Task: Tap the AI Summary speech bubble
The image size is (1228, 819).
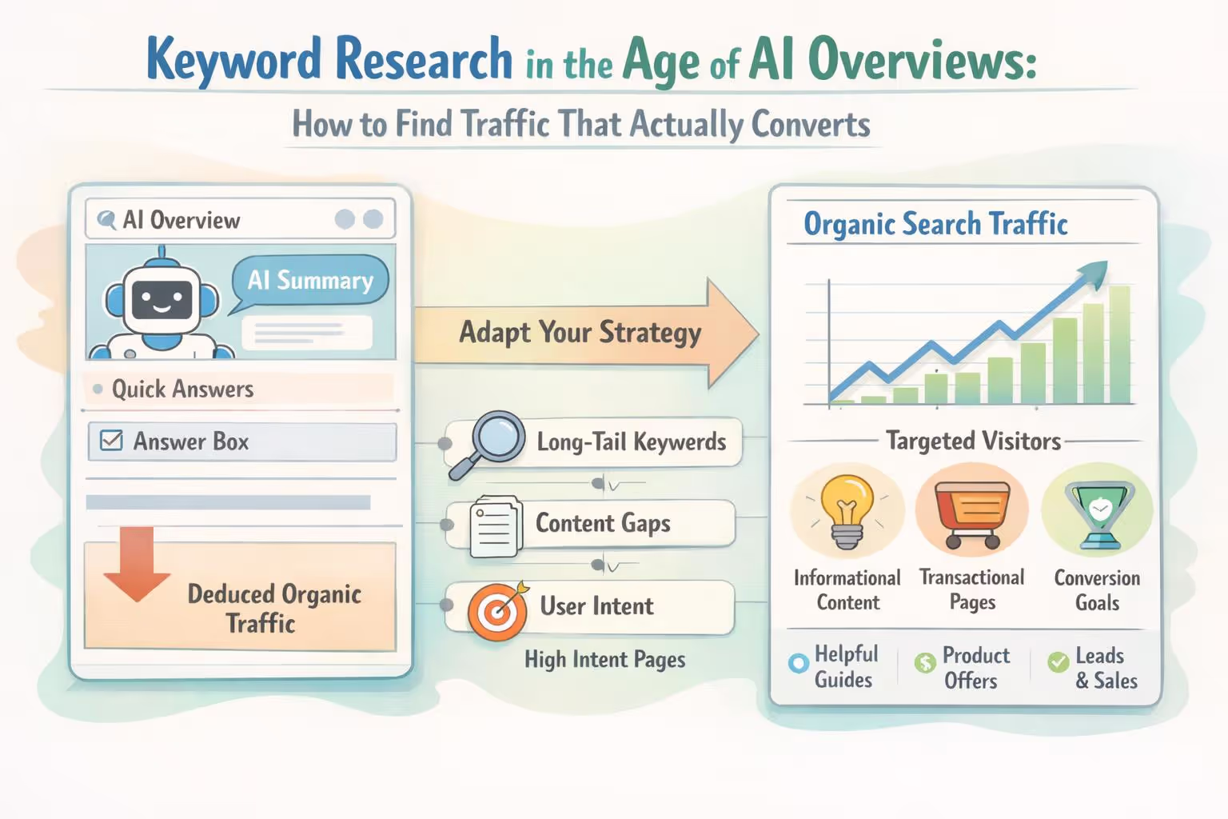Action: coord(310,281)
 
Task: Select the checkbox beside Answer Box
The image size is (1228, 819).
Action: coord(111,441)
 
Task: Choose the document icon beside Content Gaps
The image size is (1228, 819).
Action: coord(496,525)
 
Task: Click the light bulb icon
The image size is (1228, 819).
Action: coord(847,509)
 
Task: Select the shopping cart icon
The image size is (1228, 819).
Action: coord(971,513)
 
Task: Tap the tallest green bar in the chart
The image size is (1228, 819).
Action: coord(1119,344)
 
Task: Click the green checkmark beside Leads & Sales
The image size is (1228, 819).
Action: coord(1059,662)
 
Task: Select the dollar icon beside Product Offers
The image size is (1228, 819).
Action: coord(925,662)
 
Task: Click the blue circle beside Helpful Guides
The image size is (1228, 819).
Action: coord(798,663)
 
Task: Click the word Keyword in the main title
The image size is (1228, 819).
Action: coord(233,60)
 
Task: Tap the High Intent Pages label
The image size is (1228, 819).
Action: coord(605,659)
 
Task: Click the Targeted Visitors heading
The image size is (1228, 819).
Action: coord(973,441)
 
